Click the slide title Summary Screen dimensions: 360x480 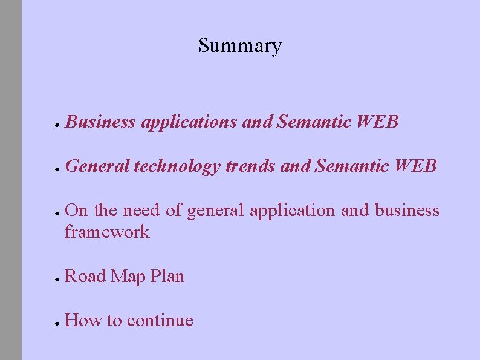click(x=240, y=45)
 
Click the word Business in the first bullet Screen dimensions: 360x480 click(x=100, y=122)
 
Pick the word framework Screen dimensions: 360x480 click(x=106, y=232)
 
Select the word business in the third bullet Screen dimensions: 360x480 click(x=407, y=211)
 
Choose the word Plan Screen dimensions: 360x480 click(x=166, y=276)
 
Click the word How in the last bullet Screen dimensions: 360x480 click(x=83, y=320)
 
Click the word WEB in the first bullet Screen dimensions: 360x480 click(x=378, y=122)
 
